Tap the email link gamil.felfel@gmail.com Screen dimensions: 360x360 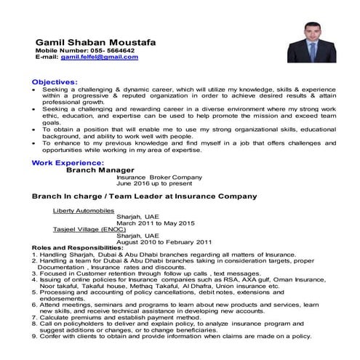pyautogui.click(x=100, y=57)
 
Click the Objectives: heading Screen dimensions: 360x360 pyautogui.click(x=55, y=83)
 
